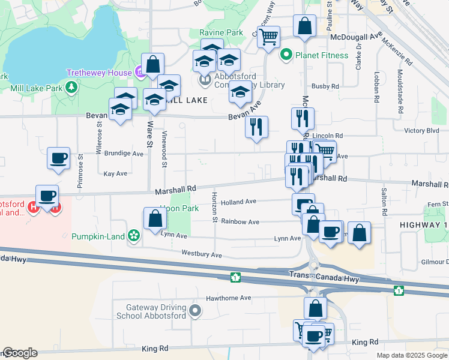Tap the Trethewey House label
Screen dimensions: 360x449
99,72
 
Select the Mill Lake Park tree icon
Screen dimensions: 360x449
71,88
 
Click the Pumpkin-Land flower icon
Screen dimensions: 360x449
133,236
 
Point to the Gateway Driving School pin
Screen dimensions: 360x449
194,310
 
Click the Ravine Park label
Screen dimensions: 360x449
222,32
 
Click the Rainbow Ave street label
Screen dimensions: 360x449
240,221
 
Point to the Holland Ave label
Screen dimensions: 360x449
238,202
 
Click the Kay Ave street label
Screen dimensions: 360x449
116,173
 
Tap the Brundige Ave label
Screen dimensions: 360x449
123,154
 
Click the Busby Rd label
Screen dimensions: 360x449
325,86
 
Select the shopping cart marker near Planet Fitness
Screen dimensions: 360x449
268,37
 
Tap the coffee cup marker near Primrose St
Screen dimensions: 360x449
58,158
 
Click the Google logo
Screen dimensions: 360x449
20,353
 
